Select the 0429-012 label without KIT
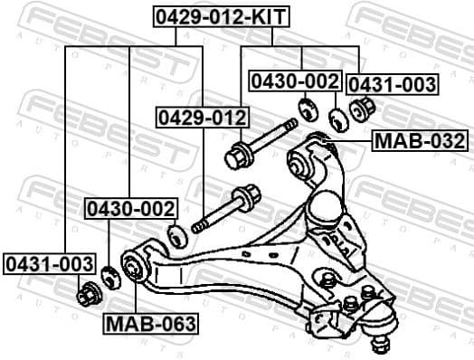202,118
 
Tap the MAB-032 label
421,141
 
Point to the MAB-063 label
151,324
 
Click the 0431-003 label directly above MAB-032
393,85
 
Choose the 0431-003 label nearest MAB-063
49,263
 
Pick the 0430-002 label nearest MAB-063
130,209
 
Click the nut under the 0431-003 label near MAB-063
88,294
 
